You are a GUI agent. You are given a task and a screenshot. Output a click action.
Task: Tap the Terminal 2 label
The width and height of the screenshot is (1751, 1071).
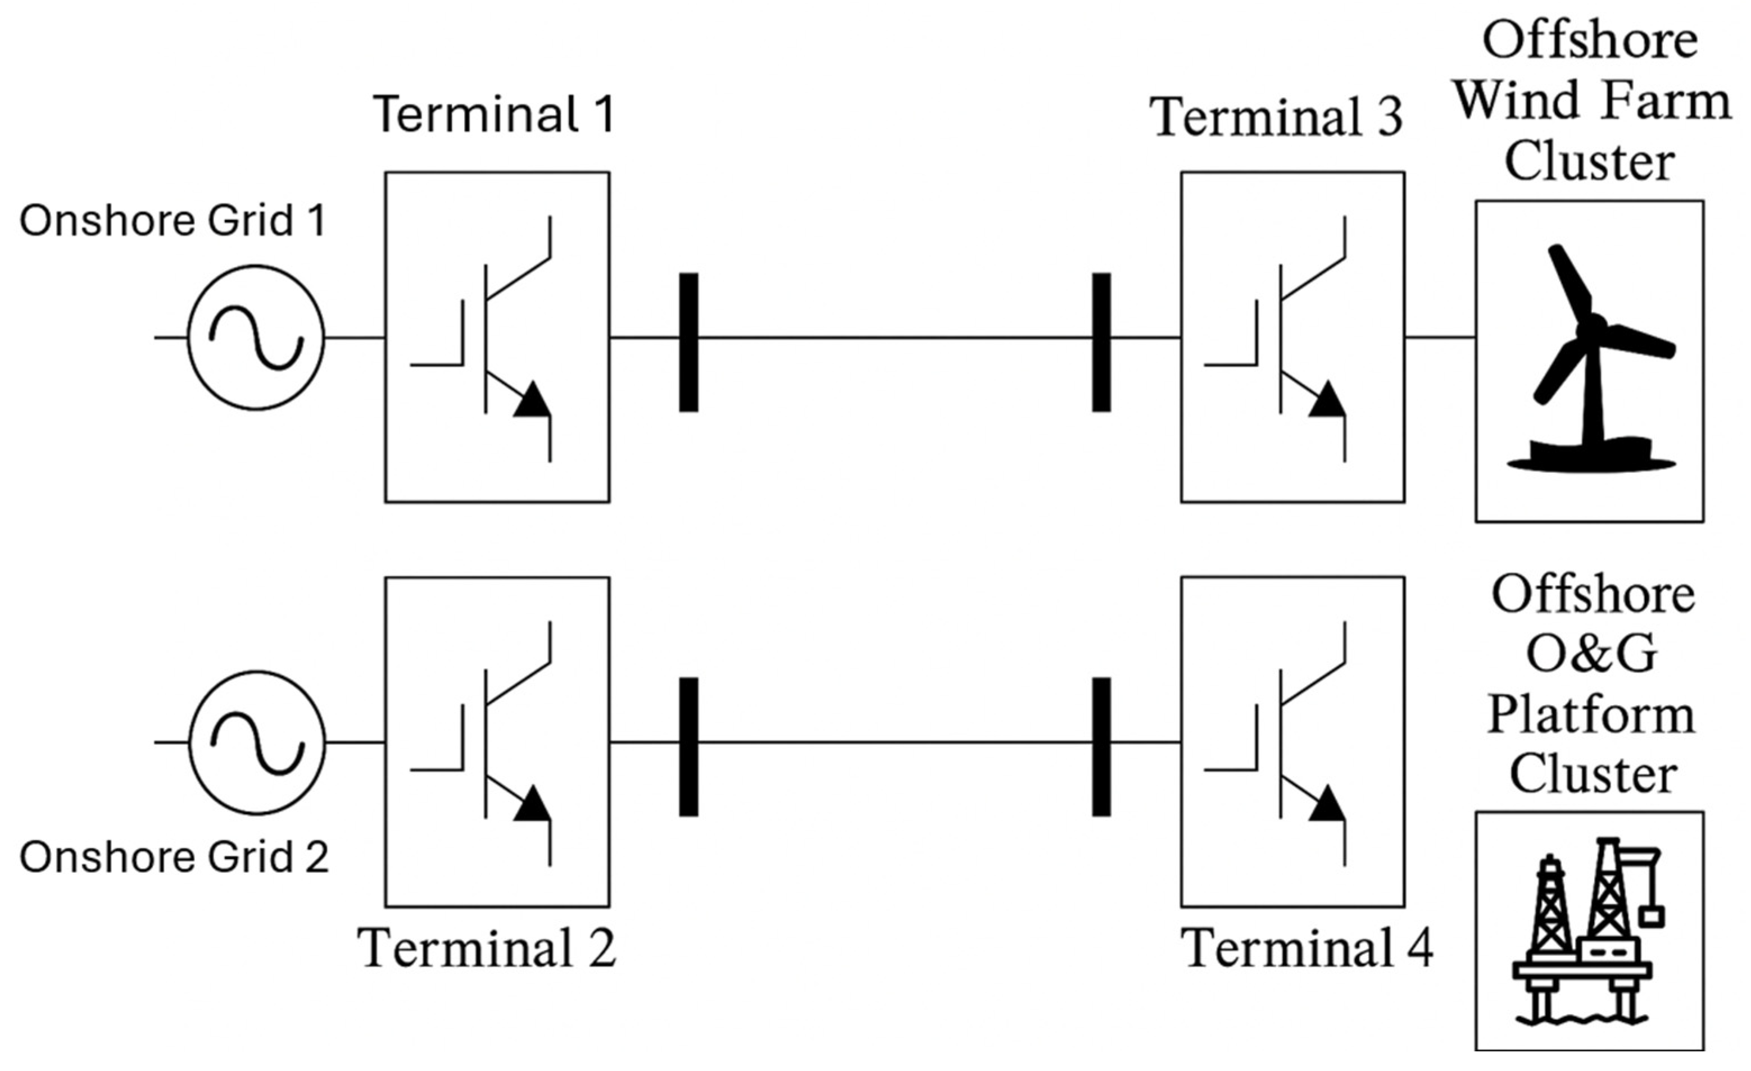tap(487, 948)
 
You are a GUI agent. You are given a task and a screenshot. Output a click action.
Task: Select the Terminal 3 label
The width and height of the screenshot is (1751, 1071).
tap(1277, 117)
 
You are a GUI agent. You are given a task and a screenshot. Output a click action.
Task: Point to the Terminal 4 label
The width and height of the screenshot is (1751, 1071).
tap(1306, 948)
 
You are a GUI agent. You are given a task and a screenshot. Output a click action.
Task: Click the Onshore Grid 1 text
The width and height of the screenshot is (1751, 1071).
tap(172, 220)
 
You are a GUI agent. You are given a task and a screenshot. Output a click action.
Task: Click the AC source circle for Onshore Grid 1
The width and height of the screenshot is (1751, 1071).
tap(256, 338)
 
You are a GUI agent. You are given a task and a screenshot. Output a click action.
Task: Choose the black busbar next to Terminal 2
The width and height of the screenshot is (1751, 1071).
tap(688, 746)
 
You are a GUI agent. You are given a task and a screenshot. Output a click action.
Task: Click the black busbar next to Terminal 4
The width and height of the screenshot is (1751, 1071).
tap(1101, 746)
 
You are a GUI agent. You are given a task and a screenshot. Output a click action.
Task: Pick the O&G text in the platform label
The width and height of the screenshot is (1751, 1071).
tap(1592, 654)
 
